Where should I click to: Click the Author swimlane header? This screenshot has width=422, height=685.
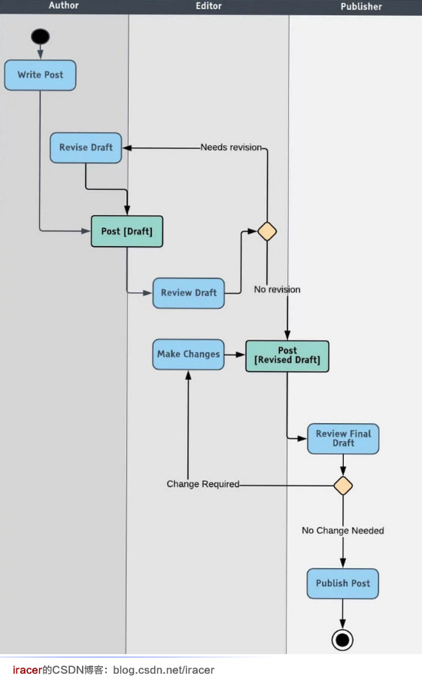click(x=63, y=5)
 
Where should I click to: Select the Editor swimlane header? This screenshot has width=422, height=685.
click(x=208, y=5)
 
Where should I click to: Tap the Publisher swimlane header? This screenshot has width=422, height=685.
click(x=361, y=6)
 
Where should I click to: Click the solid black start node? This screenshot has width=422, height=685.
click(x=40, y=36)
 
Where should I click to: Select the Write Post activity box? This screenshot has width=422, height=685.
click(x=41, y=75)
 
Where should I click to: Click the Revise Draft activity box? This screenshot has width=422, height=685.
click(x=86, y=148)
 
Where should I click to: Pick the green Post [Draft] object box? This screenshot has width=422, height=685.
click(x=127, y=231)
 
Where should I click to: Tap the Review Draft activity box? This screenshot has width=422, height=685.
click(x=189, y=293)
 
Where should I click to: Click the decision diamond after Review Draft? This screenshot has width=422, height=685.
click(x=267, y=231)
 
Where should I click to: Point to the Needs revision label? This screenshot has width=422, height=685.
click(x=231, y=148)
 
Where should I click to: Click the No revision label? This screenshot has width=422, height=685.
click(x=277, y=289)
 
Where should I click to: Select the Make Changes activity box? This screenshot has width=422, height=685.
click(x=188, y=354)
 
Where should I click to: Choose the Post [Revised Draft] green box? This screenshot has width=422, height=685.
click(x=287, y=356)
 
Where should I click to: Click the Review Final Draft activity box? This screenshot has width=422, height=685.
click(x=343, y=438)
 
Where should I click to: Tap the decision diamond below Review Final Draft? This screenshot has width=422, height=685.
click(x=343, y=485)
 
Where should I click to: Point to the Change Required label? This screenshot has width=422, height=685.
click(x=202, y=484)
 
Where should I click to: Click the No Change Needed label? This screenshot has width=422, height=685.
click(x=343, y=531)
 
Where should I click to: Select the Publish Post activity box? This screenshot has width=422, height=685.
click(x=343, y=583)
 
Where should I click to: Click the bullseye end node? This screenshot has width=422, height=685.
click(x=343, y=640)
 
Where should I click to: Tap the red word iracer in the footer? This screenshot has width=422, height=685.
click(x=27, y=670)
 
